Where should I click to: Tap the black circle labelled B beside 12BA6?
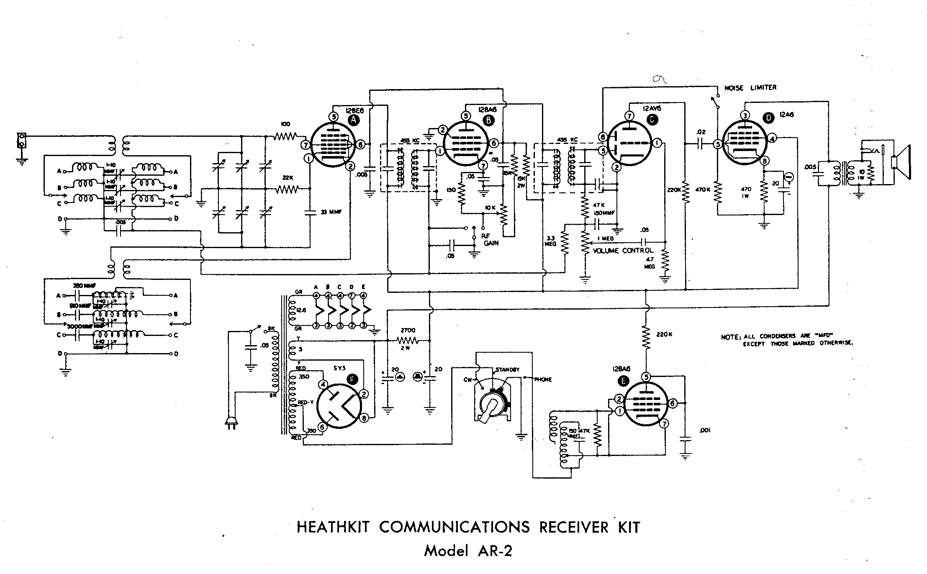(488, 120)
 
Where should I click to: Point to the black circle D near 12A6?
(769, 118)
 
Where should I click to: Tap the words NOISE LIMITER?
(750, 87)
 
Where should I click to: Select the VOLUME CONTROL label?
(623, 251)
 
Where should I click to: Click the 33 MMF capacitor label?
(331, 212)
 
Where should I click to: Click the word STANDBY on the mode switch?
(507, 370)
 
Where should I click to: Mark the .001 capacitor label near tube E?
(705, 430)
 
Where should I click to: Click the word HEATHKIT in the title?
(333, 527)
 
